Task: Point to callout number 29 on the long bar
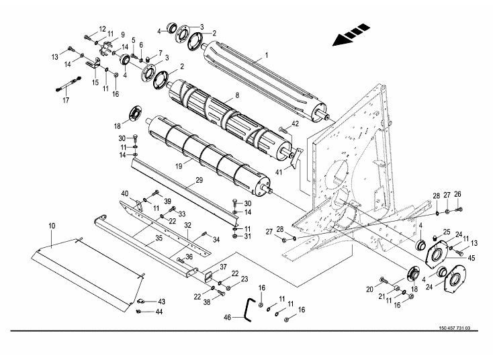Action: tap(199, 180)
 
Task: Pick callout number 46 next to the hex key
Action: tap(228, 317)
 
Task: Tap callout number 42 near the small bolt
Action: tap(295, 123)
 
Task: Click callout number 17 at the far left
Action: tap(66, 101)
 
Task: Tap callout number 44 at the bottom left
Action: tap(159, 312)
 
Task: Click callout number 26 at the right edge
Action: tap(458, 194)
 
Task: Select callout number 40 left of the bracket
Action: tap(124, 194)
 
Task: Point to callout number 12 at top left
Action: tap(102, 28)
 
